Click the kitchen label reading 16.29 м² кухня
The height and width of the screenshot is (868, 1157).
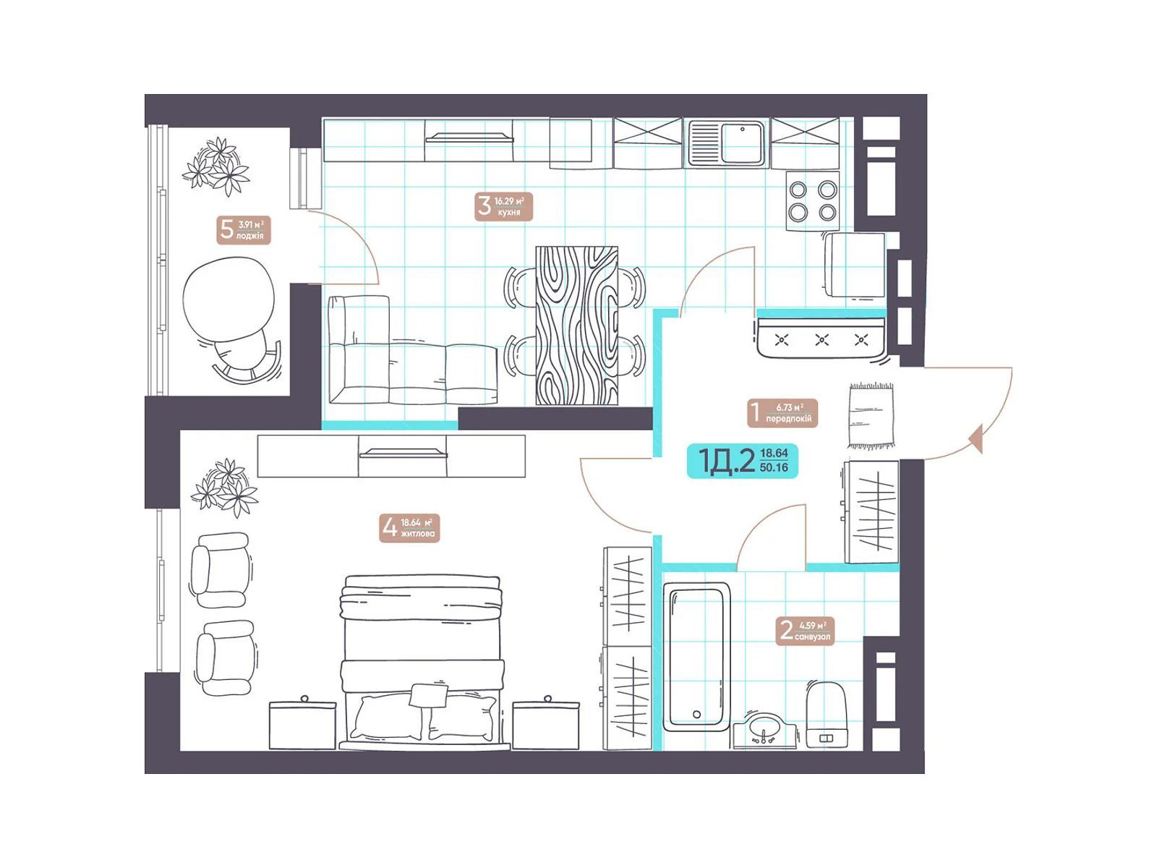[x=503, y=206]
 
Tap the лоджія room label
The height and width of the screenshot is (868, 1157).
[x=244, y=230]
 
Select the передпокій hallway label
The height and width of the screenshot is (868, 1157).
[x=782, y=412]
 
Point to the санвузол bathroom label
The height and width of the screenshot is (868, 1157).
[x=804, y=631]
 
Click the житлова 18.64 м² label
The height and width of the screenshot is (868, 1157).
[x=409, y=527]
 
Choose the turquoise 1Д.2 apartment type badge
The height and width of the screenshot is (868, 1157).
[x=742, y=461]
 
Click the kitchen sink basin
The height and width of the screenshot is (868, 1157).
[x=742, y=142]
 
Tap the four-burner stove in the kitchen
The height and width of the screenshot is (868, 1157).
[x=812, y=201]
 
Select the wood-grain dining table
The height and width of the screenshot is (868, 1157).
[x=576, y=325]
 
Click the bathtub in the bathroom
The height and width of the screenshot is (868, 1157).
[x=696, y=657]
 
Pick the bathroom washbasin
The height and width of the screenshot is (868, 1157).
[x=764, y=731]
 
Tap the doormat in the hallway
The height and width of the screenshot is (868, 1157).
[x=871, y=416]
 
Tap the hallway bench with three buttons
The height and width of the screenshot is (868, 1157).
[x=821, y=337]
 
